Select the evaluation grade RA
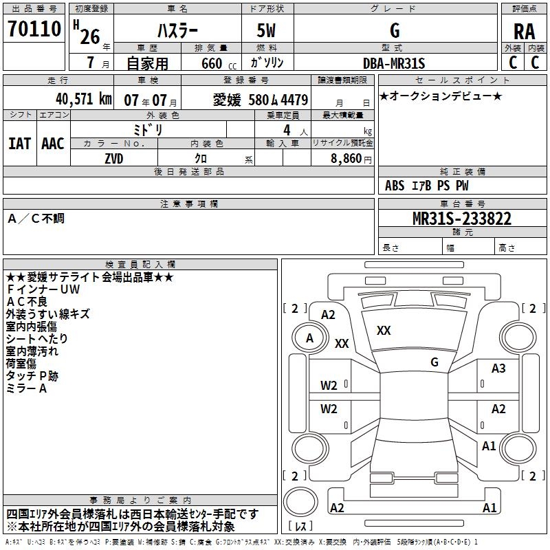(524, 32)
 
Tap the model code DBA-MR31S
(394, 63)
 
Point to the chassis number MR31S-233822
(461, 219)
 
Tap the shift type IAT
(19, 143)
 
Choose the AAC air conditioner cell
(52, 143)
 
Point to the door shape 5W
(267, 31)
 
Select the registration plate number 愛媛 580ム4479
(261, 99)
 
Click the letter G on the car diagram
(434, 362)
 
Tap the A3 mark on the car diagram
(498, 368)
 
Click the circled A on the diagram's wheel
(309, 338)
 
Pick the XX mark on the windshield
(384, 331)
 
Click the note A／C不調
(36, 219)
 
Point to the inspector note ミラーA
(26, 388)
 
